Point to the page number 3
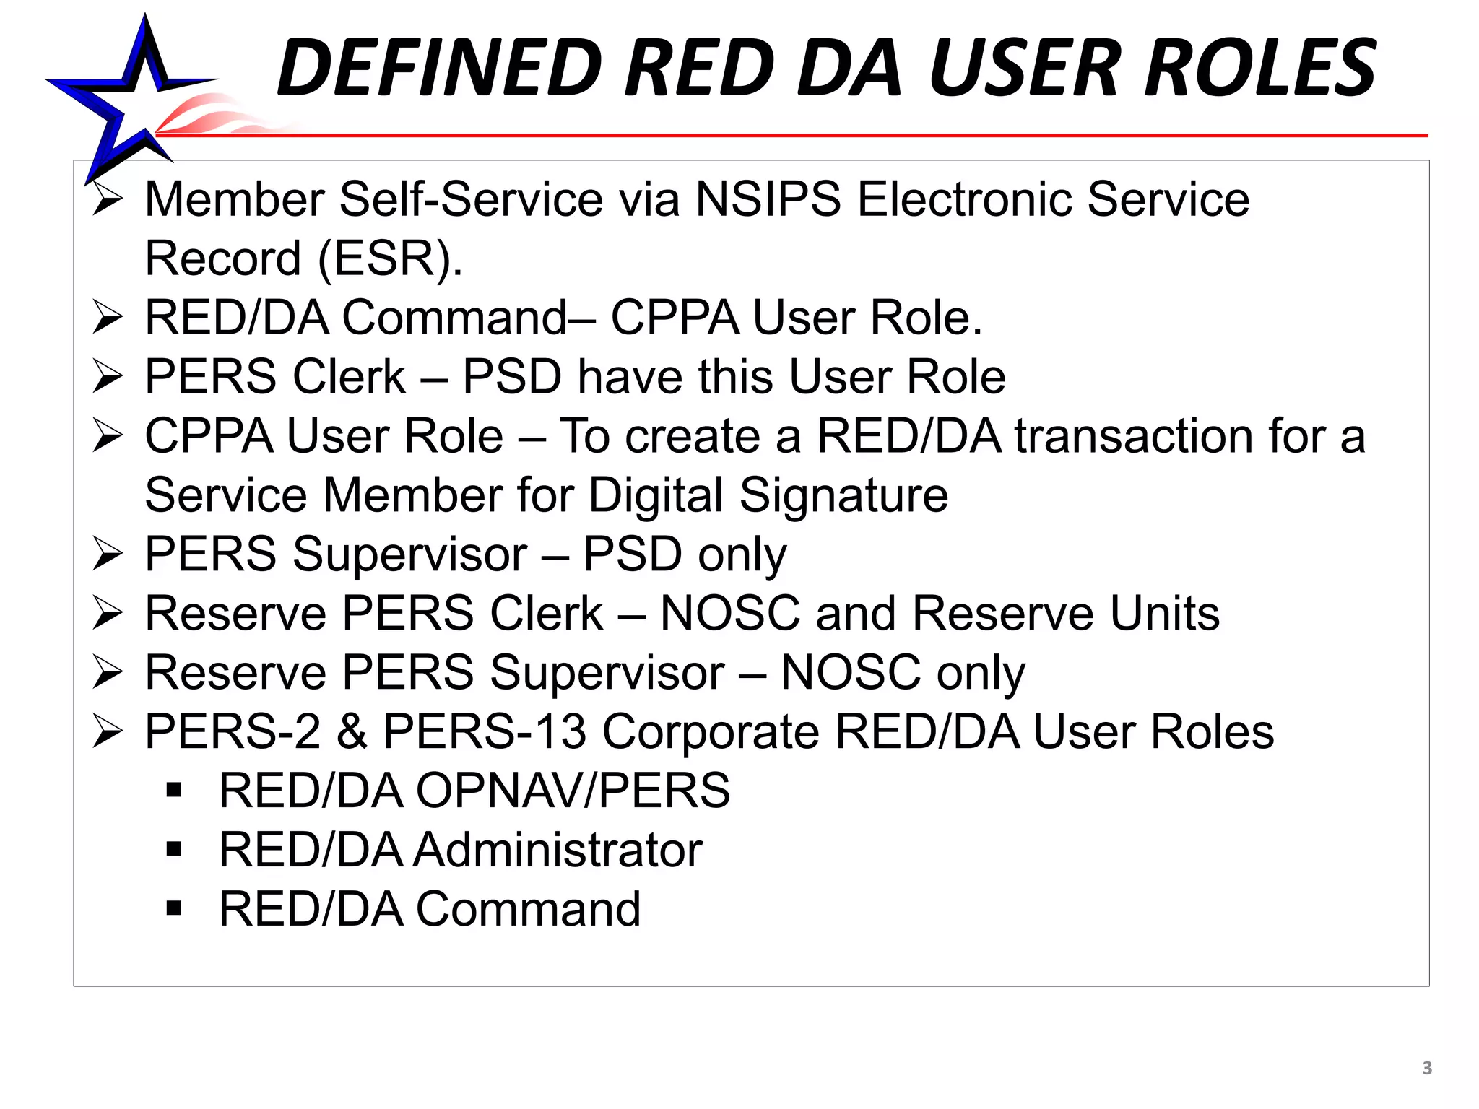pyautogui.click(x=1427, y=1068)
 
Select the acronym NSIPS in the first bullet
pyautogui.click(x=768, y=199)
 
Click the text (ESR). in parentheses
pyautogui.click(x=390, y=258)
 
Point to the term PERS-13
pyautogui.click(x=484, y=732)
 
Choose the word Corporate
pyautogui.click(x=711, y=732)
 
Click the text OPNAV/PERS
pyautogui.click(x=573, y=791)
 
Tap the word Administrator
pyautogui.click(x=558, y=850)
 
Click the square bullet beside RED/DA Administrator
pyautogui.click(x=173, y=849)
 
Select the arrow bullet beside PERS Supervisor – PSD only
pyautogui.click(x=108, y=554)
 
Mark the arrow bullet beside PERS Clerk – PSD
pyautogui.click(x=108, y=377)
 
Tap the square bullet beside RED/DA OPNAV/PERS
pyautogui.click(x=173, y=790)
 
